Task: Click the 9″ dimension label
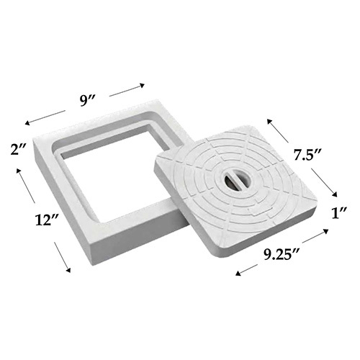(x=88, y=101)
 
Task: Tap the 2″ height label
(x=18, y=149)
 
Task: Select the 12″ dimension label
(x=46, y=220)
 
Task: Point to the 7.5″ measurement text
(x=307, y=154)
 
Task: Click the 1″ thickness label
(x=339, y=212)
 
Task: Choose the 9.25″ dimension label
(x=282, y=254)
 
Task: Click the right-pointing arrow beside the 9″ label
(x=127, y=90)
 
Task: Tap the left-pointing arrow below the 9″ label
(x=45, y=117)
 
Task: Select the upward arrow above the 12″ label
(x=26, y=186)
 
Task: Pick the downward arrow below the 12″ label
(x=63, y=257)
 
